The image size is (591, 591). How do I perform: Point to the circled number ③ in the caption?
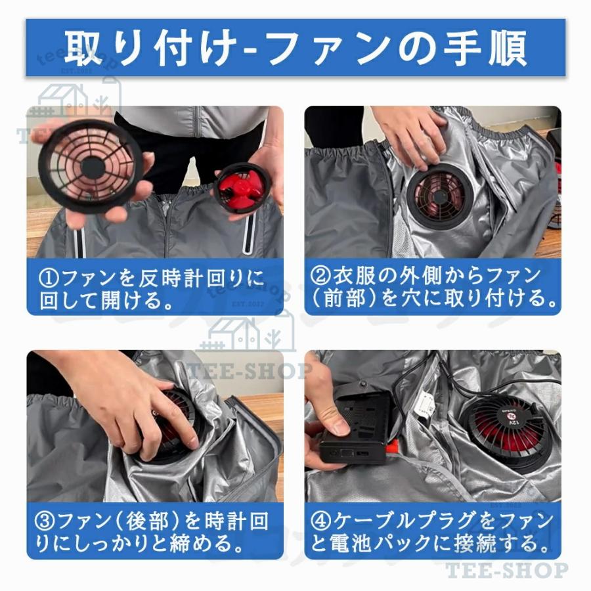point(47,522)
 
